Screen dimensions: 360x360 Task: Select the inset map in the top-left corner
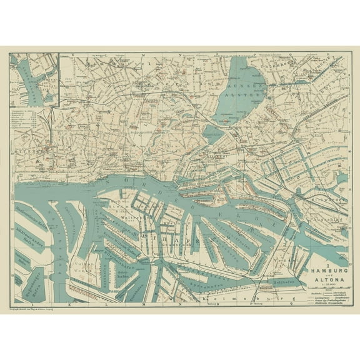[x=34, y=78]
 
